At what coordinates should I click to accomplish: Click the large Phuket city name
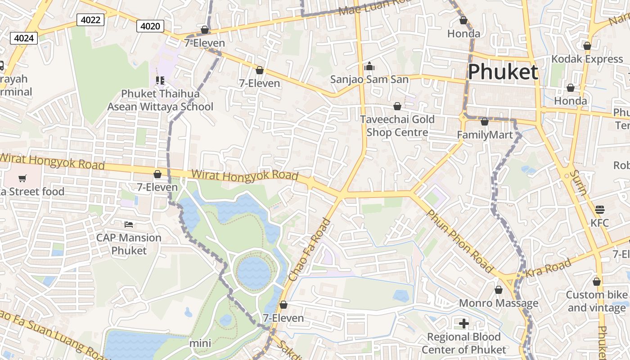click(x=503, y=72)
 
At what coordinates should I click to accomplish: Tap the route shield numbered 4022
click(x=90, y=20)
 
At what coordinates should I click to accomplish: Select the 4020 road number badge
click(x=150, y=26)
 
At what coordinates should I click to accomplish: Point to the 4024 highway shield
click(x=24, y=38)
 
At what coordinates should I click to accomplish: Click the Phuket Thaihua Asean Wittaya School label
click(x=160, y=100)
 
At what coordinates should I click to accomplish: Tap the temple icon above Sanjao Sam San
click(x=369, y=67)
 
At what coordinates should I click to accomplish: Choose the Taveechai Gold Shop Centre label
click(x=397, y=126)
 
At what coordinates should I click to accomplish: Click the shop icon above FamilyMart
click(x=485, y=121)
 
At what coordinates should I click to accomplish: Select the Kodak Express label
click(x=587, y=59)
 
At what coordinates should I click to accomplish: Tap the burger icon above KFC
click(x=599, y=209)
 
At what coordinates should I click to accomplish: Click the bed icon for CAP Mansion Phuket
click(x=129, y=224)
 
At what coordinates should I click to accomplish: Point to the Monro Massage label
click(x=498, y=303)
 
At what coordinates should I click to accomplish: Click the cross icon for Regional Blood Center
click(x=463, y=324)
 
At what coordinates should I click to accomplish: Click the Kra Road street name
click(x=548, y=269)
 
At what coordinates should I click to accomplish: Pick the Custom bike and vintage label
click(x=596, y=301)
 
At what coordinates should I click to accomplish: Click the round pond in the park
click(x=254, y=273)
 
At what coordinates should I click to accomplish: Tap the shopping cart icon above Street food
click(x=22, y=178)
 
